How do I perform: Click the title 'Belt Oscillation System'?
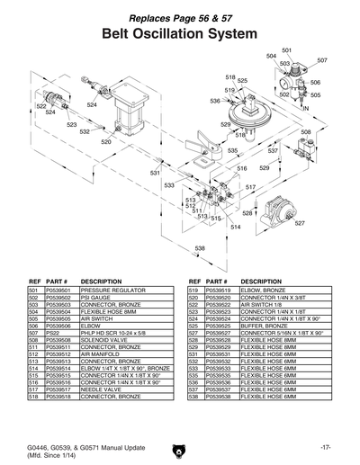(180, 32)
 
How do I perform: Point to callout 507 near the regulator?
(322, 61)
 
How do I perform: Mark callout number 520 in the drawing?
(105, 142)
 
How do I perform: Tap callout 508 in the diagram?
(306, 132)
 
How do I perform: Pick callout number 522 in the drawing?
(41, 106)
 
